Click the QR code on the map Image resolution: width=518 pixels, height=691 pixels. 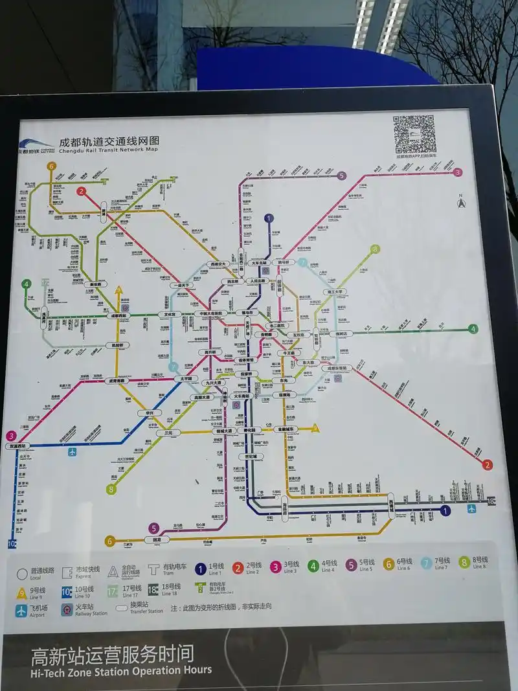414,133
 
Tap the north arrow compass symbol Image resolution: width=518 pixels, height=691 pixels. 461,203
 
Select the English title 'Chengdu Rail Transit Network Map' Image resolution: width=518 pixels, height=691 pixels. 108,150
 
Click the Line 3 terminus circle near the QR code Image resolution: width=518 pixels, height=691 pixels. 457,172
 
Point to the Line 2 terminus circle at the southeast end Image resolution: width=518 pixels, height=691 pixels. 488,464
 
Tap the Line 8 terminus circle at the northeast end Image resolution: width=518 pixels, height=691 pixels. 375,249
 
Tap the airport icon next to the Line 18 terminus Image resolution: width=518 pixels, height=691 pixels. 471,509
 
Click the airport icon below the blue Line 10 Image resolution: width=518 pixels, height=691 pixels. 73,451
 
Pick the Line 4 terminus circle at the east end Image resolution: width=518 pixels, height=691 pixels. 474,329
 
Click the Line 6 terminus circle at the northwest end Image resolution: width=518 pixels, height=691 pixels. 51,166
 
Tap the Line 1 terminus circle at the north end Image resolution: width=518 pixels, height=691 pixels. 269,219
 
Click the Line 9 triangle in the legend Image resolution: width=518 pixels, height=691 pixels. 22,592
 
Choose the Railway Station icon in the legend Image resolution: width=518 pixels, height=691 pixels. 67,610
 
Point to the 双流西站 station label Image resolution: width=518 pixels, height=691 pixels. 18,446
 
